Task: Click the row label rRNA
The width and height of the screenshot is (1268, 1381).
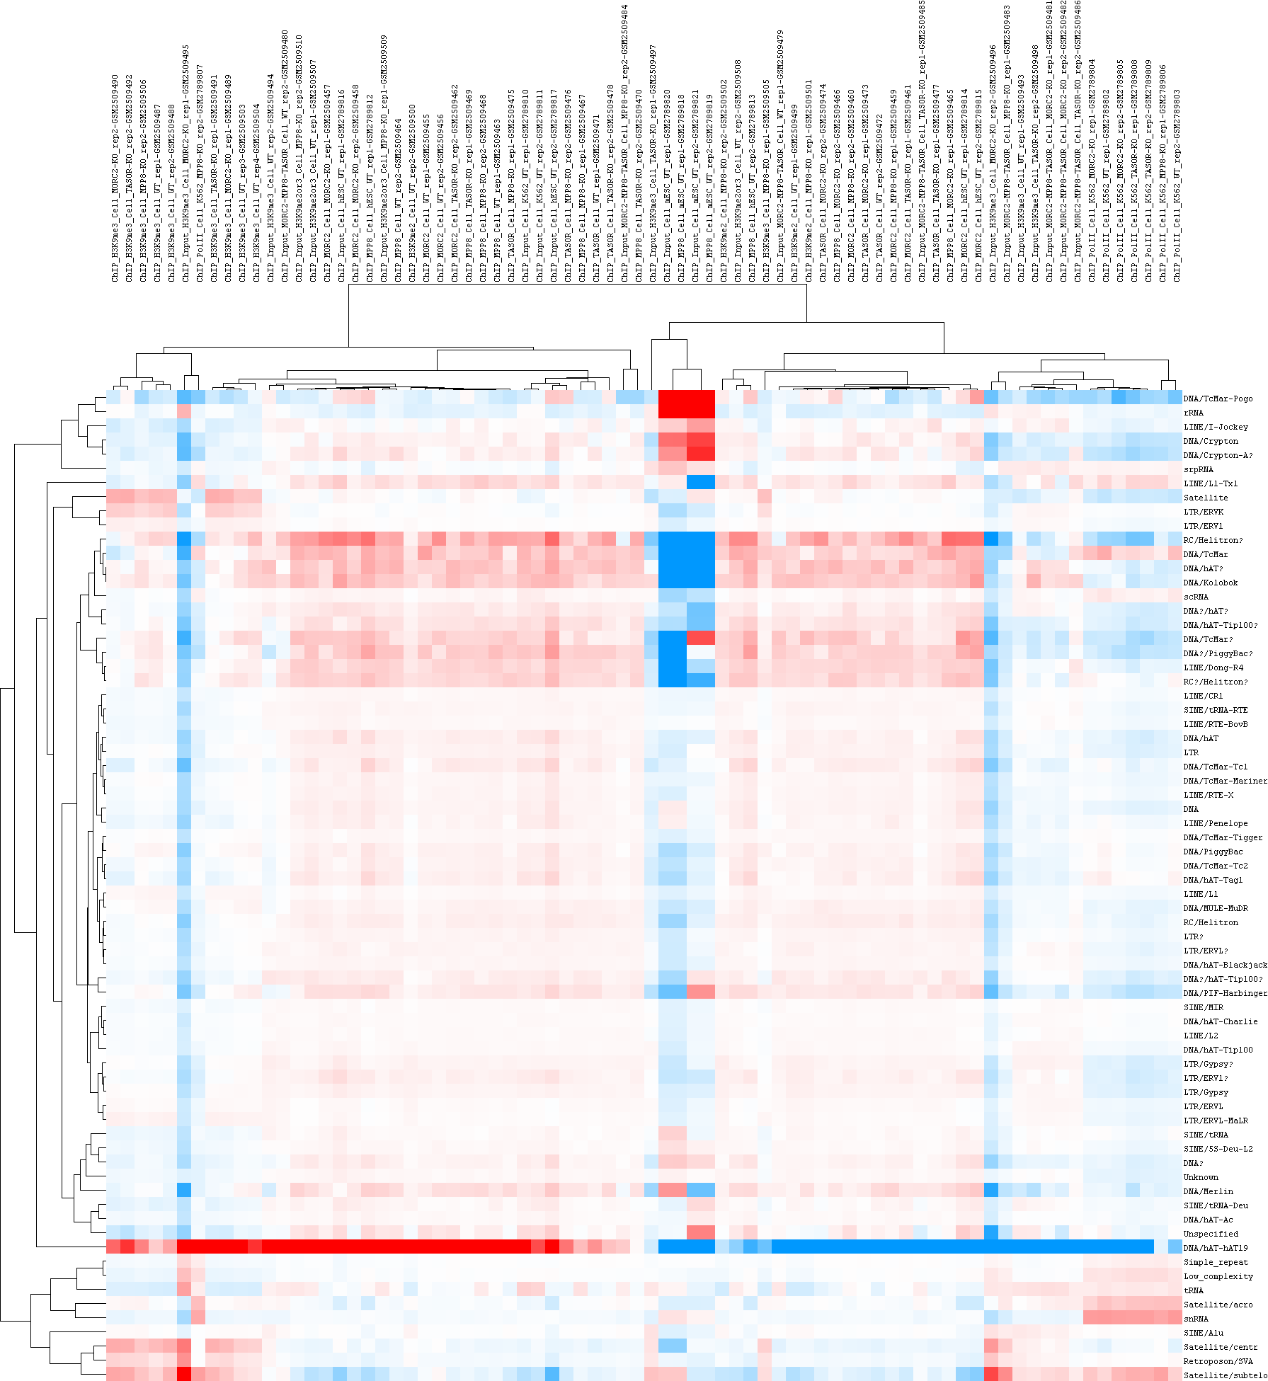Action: [x=1193, y=413]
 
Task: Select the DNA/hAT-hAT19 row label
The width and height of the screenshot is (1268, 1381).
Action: [x=1216, y=1248]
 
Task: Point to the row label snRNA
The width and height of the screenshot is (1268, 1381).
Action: [x=1196, y=1319]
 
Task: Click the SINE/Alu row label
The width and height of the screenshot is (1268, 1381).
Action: [x=1204, y=1333]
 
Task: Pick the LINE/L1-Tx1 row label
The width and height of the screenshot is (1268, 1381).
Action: [x=1211, y=483]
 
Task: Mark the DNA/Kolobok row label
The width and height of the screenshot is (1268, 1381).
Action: [x=1211, y=583]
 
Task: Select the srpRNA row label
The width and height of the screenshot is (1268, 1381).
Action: [x=1198, y=469]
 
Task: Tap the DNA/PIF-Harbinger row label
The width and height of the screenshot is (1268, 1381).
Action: [x=1225, y=993]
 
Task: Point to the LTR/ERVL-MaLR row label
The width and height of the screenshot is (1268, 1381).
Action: [x=1216, y=1121]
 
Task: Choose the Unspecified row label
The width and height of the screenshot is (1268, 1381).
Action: [x=1211, y=1234]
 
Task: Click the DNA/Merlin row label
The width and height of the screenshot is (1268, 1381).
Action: [x=1208, y=1191]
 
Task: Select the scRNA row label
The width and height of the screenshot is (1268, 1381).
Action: [x=1196, y=597]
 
